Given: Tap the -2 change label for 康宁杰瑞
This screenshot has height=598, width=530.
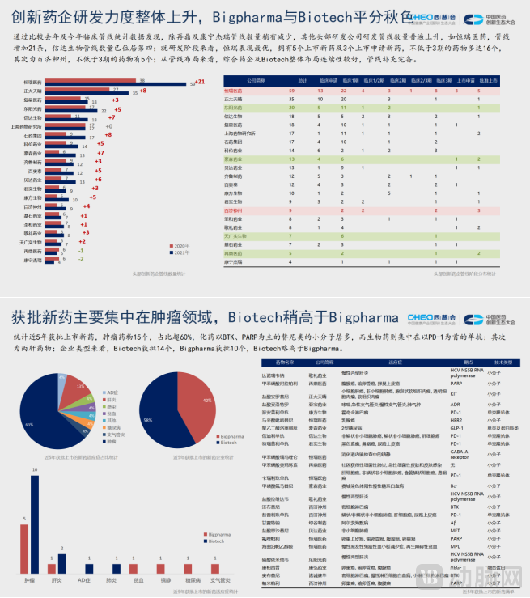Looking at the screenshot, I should tap(81, 260).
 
